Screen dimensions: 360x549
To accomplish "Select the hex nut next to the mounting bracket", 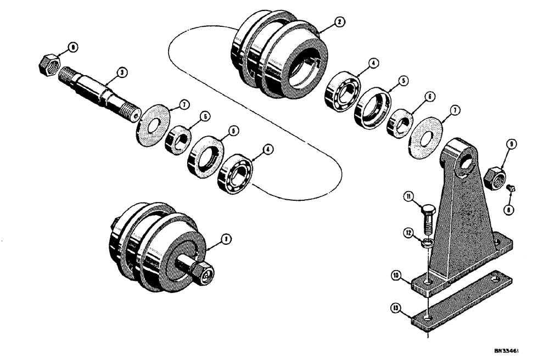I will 495,177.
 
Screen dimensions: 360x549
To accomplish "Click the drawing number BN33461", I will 506,349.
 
